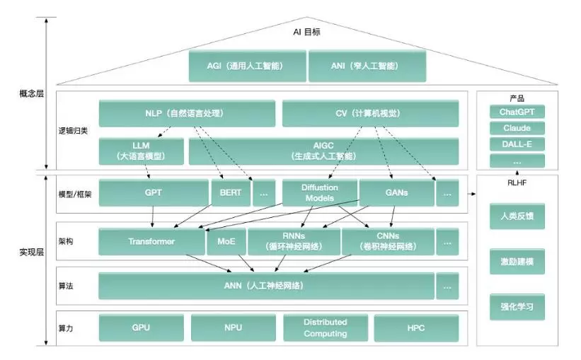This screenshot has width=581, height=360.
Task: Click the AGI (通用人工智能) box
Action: tap(247, 66)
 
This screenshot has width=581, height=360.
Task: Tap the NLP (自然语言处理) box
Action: tap(187, 113)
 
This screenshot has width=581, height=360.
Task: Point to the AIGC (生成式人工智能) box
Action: tap(323, 151)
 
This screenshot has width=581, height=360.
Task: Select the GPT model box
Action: tap(152, 192)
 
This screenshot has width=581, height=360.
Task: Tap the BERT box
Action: tap(230, 192)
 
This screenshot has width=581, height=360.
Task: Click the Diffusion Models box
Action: tap(319, 192)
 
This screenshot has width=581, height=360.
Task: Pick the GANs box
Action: tap(396, 192)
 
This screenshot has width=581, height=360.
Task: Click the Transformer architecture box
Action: tap(151, 241)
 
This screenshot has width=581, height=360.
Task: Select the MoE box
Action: tap(226, 241)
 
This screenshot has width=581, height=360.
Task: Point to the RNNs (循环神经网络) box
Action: tap(293, 241)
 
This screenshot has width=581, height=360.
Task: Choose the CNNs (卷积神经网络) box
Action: tap(388, 241)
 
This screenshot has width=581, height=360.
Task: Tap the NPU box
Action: tap(233, 328)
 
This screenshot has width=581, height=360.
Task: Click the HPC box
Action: tap(416, 328)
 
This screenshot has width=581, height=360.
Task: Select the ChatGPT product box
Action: tap(517, 112)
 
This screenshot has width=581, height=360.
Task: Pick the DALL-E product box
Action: tap(517, 144)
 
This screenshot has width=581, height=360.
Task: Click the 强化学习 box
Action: tap(517, 307)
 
